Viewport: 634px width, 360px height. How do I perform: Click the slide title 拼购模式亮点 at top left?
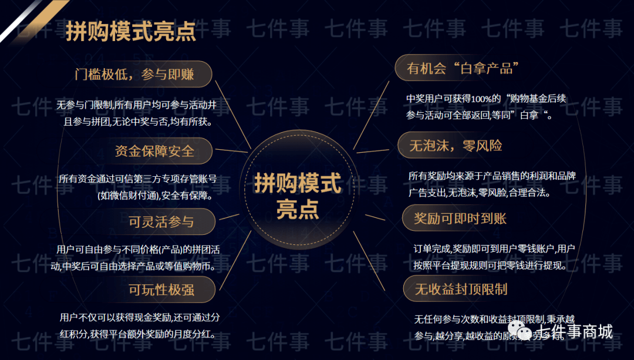coord(130,32)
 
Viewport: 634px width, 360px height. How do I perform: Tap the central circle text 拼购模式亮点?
coord(298,196)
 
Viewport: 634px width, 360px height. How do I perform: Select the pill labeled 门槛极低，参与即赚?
coord(143,74)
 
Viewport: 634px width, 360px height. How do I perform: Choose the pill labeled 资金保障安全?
coord(154,151)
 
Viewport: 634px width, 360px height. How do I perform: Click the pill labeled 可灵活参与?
coord(161,222)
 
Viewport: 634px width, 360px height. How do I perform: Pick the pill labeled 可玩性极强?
coord(161,289)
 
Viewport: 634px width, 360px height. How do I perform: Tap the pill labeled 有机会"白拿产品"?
coord(460,69)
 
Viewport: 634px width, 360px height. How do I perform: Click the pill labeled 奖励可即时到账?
coord(460,218)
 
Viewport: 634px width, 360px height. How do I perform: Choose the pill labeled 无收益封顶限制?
coord(461,289)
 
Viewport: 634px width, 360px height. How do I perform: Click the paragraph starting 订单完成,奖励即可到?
coord(493,257)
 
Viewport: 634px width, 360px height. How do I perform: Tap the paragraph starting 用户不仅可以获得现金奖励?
coord(140,326)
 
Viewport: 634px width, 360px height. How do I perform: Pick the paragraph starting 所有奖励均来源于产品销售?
coord(492,184)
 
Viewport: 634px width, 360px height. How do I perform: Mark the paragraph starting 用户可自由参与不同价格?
coord(139,258)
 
